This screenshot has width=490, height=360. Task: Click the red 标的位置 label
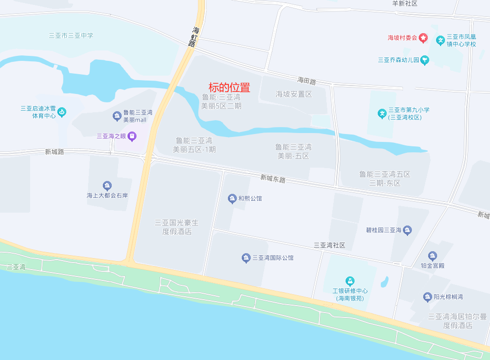229,88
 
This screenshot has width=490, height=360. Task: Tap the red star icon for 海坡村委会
423,38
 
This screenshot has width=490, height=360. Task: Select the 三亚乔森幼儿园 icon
425,60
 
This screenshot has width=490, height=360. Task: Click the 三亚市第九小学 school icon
382,113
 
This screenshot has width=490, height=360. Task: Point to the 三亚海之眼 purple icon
132,135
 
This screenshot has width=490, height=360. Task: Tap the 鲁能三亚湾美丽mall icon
117,116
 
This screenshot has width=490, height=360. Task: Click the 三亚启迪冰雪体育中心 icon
62,112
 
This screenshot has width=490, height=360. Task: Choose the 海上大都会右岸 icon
107,186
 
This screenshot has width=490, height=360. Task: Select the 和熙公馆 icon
232,199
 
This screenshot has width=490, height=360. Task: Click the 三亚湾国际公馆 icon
246,258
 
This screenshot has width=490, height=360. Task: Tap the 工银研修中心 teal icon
350,281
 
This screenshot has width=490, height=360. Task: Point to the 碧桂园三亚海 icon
407,230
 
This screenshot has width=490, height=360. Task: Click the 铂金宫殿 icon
433,256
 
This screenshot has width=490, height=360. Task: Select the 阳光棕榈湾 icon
428,297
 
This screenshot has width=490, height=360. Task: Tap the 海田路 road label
307,80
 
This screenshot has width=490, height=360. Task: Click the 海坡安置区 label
294,94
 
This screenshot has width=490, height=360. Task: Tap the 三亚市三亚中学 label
71,36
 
